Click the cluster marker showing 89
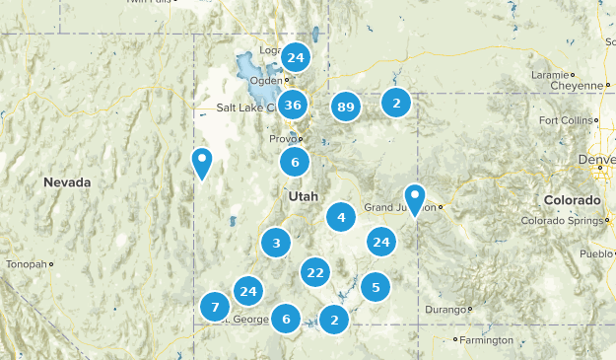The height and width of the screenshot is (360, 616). coord(345,107)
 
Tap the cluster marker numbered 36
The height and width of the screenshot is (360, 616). coord(292,105)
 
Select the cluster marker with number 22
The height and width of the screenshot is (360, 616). coord(315,272)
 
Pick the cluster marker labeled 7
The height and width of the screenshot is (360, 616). coord(215,308)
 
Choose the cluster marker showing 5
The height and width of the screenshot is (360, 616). coord(375,287)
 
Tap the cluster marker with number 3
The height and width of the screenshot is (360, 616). coord(277,243)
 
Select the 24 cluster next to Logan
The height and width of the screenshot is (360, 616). coord(295,58)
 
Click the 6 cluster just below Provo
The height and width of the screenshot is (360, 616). coord(294,162)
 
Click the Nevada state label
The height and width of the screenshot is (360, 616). coord(67,182)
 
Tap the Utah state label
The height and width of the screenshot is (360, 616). coord(304,196)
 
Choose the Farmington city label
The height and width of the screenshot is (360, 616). coord(487,340)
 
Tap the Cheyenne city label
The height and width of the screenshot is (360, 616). coord(580,86)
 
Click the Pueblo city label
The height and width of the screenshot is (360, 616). coord(596,253)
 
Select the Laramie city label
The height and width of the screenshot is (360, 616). coord(548,74)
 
